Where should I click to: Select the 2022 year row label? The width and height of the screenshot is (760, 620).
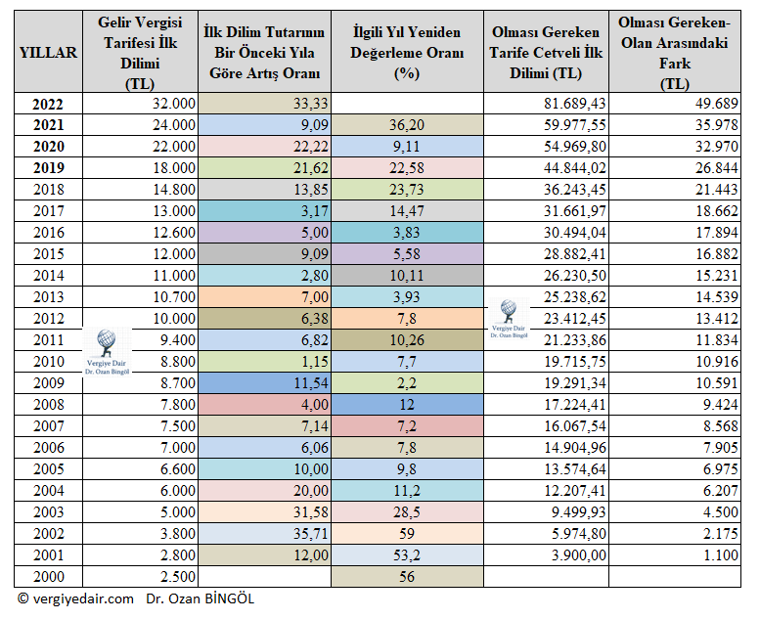[x=48, y=104]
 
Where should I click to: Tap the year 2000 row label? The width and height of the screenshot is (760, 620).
[x=48, y=576]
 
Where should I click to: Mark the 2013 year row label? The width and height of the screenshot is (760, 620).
[x=48, y=296]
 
